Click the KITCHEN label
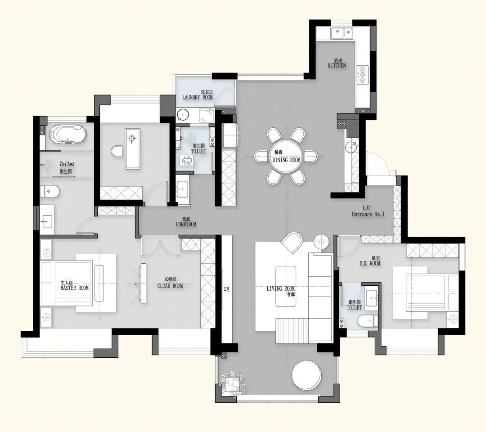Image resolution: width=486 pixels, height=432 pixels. (337, 65)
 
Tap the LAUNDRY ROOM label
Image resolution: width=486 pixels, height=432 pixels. (198, 97)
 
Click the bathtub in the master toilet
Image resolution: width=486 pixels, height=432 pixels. (67, 135)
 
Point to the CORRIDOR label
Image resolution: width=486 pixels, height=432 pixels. (186, 224)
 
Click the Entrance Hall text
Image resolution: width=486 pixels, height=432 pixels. (368, 214)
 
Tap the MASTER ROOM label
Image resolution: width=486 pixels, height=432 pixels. (75, 288)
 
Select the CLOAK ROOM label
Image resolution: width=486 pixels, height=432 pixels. (170, 286)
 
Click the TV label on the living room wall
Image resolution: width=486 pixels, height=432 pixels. (226, 289)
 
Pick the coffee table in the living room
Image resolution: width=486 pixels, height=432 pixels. (286, 286)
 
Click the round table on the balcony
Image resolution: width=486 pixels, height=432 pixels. (306, 376)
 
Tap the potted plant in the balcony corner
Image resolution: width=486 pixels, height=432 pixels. (232, 383)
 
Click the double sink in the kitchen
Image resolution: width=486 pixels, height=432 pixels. (342, 32)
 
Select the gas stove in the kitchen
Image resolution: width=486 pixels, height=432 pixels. (362, 75)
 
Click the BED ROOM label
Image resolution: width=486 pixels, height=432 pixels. (370, 263)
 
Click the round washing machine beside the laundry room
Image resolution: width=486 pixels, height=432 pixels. (183, 115)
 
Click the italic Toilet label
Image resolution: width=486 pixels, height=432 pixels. (67, 164)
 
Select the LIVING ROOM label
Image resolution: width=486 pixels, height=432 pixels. (280, 288)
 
